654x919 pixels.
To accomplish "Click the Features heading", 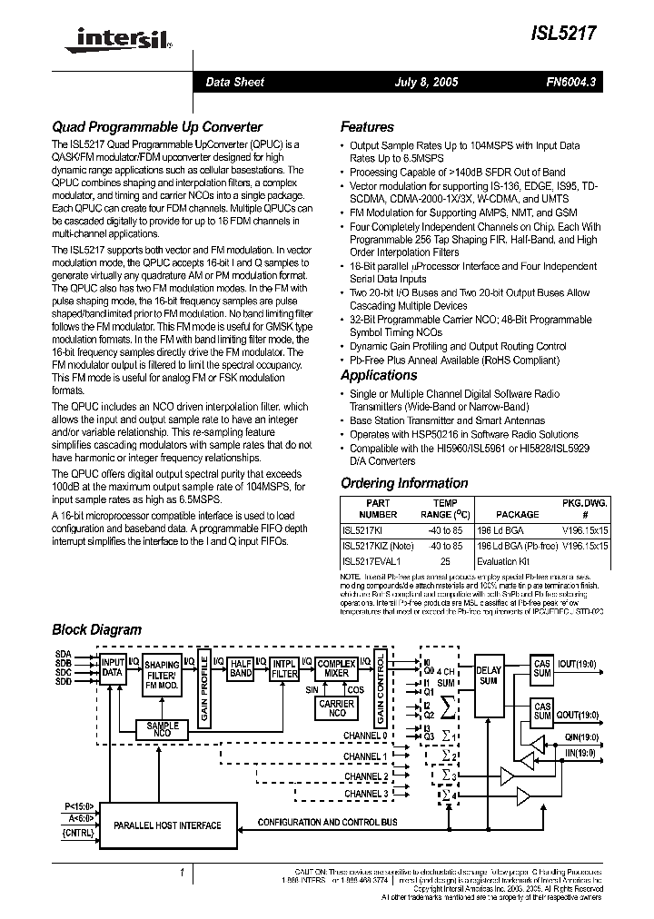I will pos(367,127).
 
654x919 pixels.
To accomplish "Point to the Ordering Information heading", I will pos(404,483).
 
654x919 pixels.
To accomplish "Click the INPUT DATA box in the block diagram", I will pos(113,668).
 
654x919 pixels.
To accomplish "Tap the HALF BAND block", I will pos(240,668).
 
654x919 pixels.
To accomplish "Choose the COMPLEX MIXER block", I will pos(336,669).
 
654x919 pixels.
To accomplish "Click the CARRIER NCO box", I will pos(337,708).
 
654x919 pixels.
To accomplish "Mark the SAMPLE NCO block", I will pos(163,728).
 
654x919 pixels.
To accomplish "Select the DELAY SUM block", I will pos(488,676).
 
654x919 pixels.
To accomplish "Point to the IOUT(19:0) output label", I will pos(576,665).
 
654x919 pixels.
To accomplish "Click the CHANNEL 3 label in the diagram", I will pos(365,794).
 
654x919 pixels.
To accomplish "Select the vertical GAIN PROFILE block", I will pos(205,691).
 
